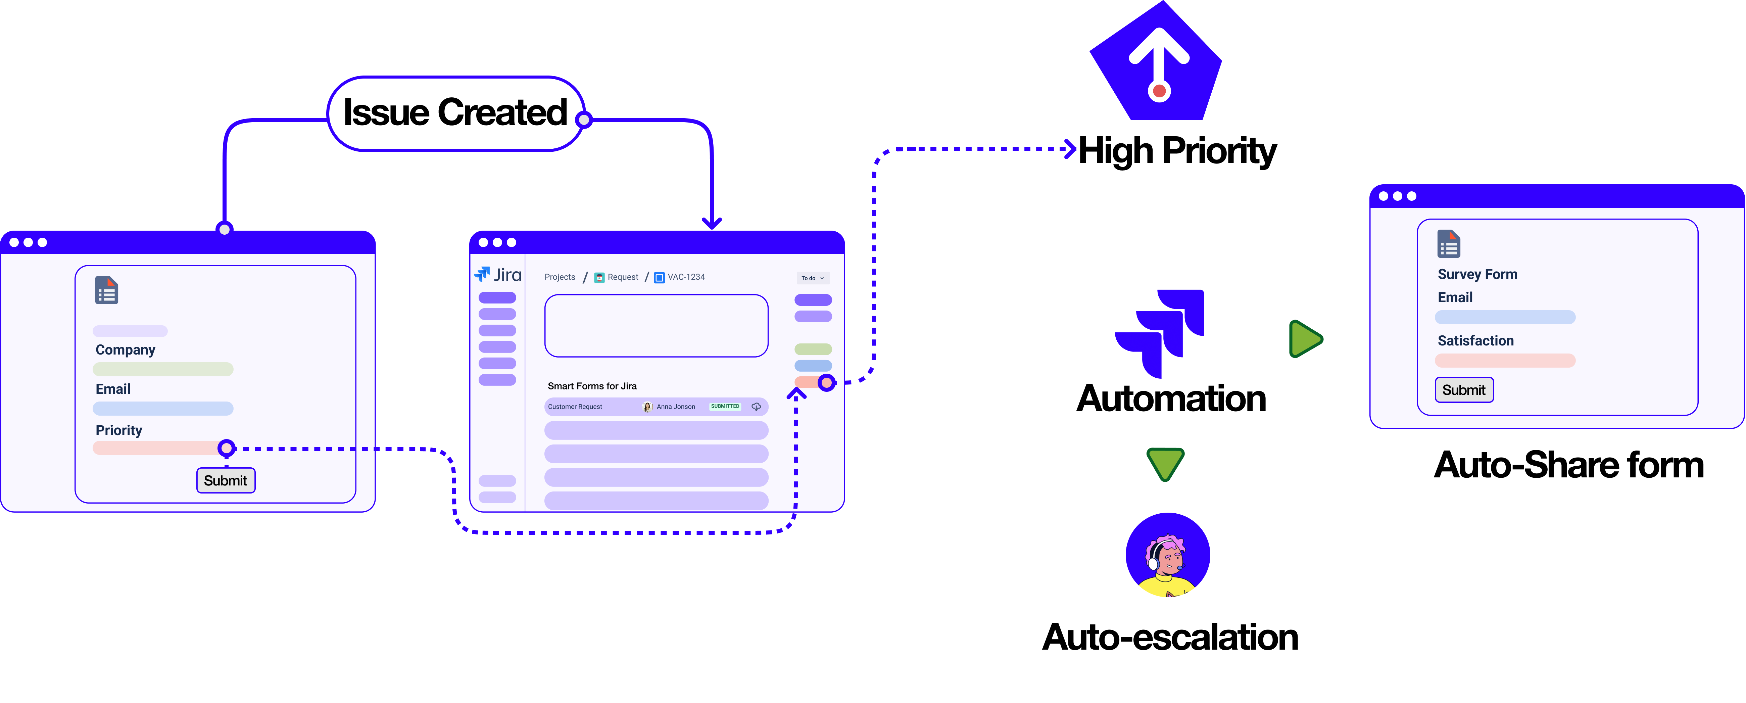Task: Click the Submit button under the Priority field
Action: [x=226, y=481]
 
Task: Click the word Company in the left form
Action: [x=126, y=350]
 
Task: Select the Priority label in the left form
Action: [x=118, y=430]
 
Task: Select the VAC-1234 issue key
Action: [x=685, y=277]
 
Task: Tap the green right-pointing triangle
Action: [x=1305, y=339]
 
